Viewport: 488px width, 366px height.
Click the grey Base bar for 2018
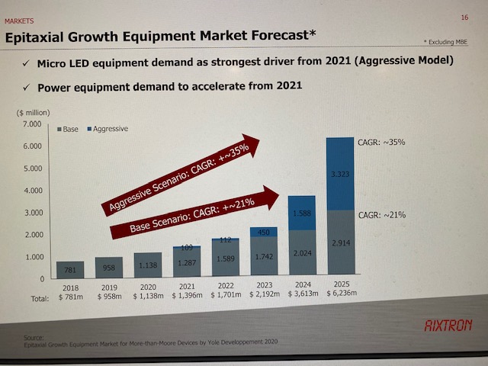[69, 271]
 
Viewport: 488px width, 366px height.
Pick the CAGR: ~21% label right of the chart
[382, 215]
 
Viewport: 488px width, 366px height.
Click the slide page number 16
[464, 17]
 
